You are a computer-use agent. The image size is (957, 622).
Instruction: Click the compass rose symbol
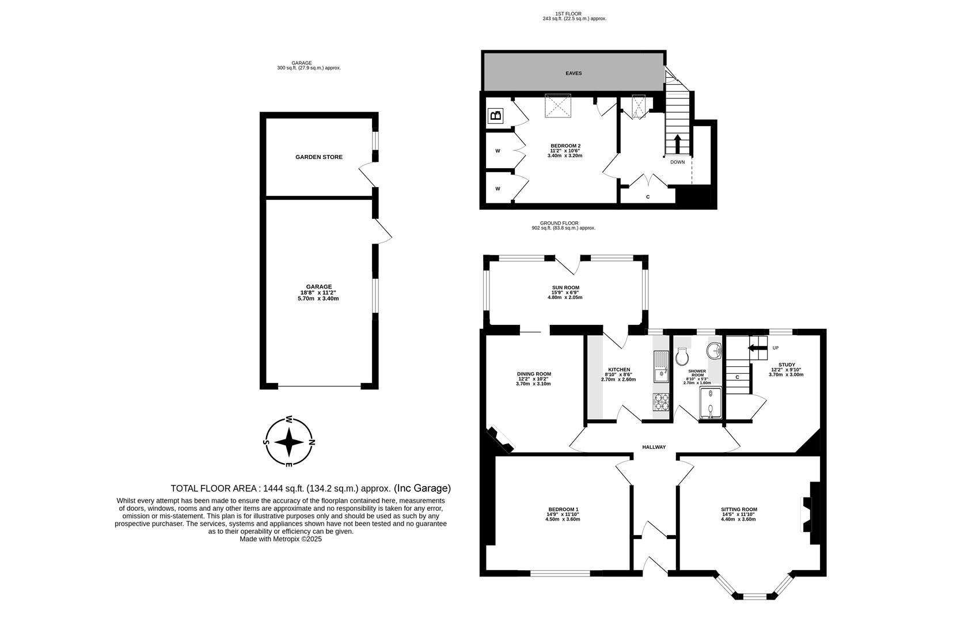point(289,442)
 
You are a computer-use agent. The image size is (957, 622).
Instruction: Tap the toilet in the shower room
point(682,356)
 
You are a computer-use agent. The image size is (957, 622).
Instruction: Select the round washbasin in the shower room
point(713,351)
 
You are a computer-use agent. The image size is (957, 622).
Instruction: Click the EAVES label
point(574,74)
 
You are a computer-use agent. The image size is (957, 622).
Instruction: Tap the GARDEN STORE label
point(319,157)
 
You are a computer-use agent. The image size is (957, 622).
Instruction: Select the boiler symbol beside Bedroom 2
point(495,116)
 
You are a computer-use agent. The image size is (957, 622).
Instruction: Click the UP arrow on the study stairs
point(757,348)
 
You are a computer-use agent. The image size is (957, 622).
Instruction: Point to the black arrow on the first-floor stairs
point(677,145)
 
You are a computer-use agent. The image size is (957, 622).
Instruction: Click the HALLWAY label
point(654,447)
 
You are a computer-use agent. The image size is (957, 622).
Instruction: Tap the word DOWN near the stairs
point(677,162)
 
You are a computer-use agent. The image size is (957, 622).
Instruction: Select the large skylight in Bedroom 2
point(558,105)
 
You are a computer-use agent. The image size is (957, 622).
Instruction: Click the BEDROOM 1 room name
point(563,509)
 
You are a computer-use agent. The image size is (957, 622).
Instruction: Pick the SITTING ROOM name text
point(739,509)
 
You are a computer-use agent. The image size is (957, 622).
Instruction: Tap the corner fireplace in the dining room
point(501,439)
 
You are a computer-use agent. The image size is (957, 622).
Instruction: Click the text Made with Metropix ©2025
point(280,539)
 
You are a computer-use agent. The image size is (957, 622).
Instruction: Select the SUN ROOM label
point(565,287)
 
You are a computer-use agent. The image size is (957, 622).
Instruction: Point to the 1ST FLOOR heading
point(574,14)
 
